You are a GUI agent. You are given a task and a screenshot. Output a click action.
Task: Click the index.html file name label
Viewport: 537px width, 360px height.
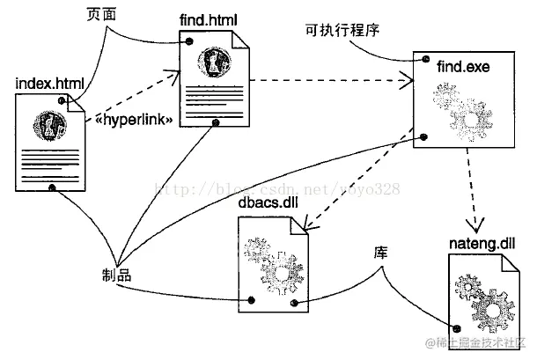(50, 84)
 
